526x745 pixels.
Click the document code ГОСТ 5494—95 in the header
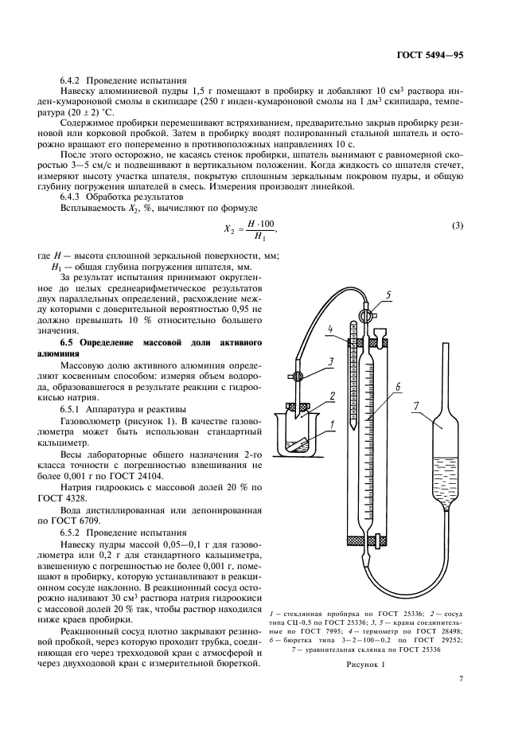pos(430,56)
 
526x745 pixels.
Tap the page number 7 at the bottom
pos(461,678)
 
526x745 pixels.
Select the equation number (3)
pos(457,225)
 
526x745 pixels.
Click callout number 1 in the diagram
pos(323,435)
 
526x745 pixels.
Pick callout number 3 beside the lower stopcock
pos(314,361)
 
